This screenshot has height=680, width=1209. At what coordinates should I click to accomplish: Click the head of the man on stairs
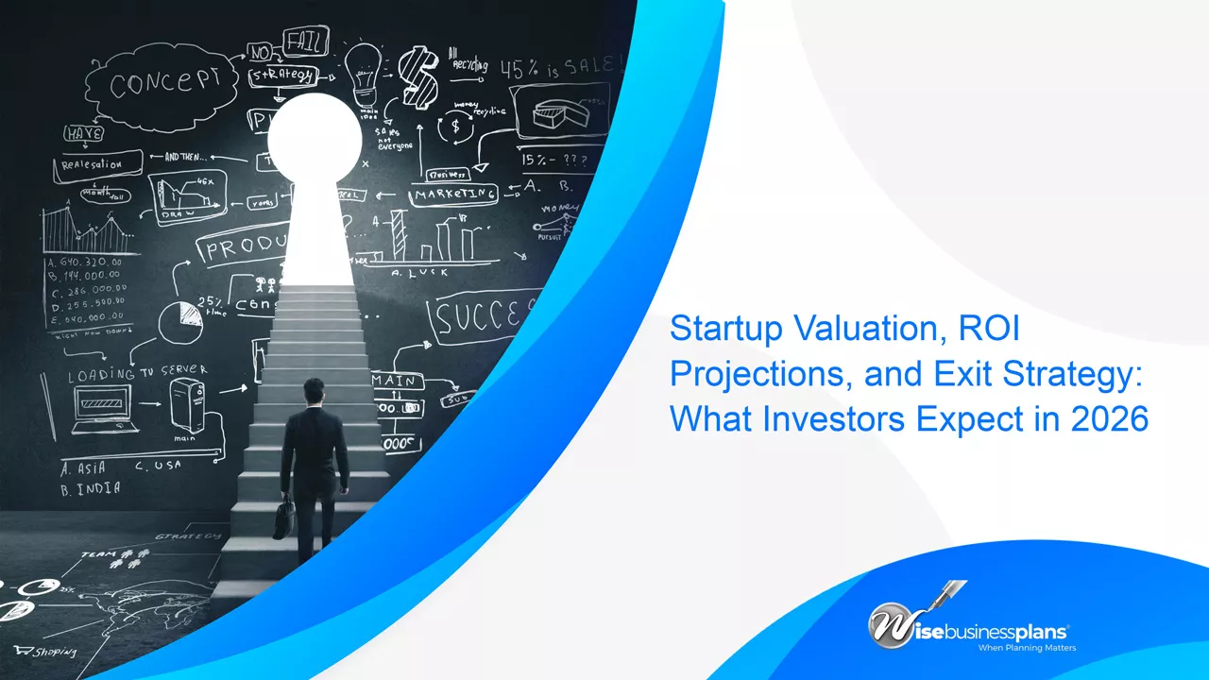pos(314,390)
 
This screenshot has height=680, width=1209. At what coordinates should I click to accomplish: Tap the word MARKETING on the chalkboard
pos(454,194)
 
